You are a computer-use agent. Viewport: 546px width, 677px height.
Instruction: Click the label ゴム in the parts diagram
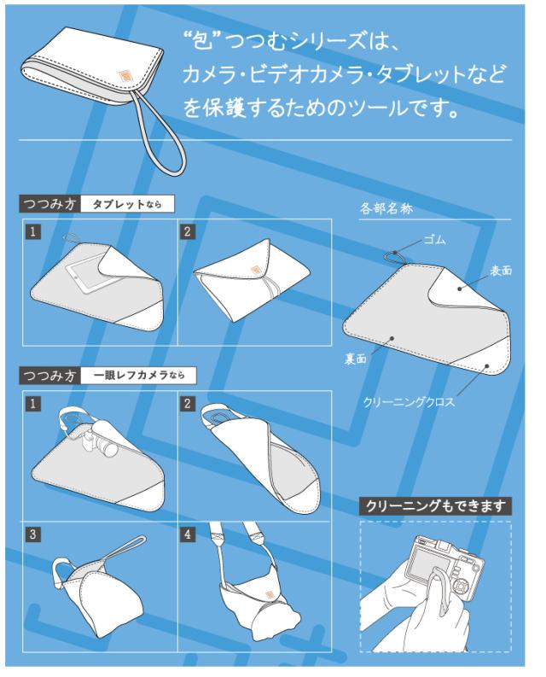click(434, 240)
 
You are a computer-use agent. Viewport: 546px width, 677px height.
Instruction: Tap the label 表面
click(501, 271)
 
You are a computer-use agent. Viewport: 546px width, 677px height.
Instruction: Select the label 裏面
click(355, 359)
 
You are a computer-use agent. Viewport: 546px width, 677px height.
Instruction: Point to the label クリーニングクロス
click(409, 402)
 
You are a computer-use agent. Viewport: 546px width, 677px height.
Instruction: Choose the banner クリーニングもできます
click(435, 506)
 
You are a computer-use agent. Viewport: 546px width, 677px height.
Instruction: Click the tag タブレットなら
click(127, 204)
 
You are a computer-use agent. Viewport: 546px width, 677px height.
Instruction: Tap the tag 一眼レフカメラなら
click(138, 375)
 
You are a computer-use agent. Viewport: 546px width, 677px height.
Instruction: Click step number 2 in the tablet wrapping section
click(187, 231)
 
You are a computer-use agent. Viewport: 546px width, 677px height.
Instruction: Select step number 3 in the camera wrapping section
click(32, 534)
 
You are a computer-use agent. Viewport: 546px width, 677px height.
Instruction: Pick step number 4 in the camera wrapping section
click(187, 534)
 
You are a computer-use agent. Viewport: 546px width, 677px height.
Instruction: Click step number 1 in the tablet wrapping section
click(32, 231)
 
